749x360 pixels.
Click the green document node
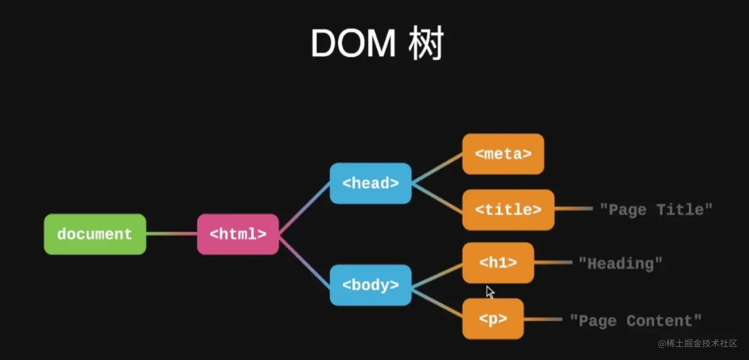tap(95, 234)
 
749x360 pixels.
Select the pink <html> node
tap(238, 234)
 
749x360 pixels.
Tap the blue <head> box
tap(371, 183)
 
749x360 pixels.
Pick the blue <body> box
tap(371, 285)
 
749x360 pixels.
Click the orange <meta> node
tap(503, 154)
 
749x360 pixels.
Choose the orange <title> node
tap(508, 210)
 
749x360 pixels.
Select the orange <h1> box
tap(498, 263)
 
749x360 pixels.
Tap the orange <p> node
tap(493, 319)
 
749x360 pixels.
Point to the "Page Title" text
tap(656, 210)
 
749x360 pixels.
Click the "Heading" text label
tap(620, 263)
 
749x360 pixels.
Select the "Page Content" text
tap(636, 321)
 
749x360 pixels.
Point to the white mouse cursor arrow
tap(489, 292)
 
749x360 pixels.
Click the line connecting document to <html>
tap(171, 234)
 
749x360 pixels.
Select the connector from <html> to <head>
tap(304, 208)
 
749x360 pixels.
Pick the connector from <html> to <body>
tap(304, 260)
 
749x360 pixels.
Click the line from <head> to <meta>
tap(437, 168)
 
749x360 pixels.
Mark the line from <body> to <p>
tap(437, 303)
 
